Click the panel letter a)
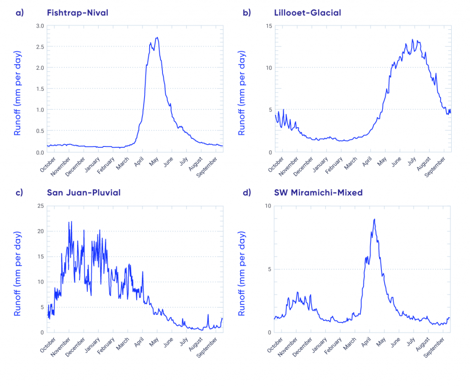point(19,12)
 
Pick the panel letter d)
point(247,192)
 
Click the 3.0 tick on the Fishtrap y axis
point(39,26)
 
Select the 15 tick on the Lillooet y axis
point(267,26)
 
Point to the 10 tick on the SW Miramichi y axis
point(267,206)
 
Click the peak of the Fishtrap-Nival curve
point(157,38)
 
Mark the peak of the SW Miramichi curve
point(375,219)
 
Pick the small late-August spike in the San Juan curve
point(208,315)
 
